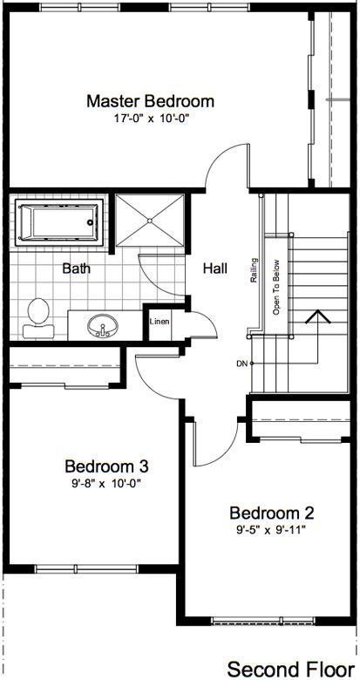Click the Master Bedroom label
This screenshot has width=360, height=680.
[x=151, y=101]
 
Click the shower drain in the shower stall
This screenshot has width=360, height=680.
[x=150, y=221]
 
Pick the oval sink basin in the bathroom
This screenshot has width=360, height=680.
[x=102, y=325]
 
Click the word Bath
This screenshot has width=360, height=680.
[x=77, y=269]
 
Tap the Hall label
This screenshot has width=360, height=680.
[x=215, y=269]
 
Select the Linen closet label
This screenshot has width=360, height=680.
[x=160, y=322]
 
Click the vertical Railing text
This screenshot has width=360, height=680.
[x=255, y=270]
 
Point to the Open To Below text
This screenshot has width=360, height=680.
[x=276, y=287]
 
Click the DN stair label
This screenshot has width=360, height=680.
[x=242, y=364]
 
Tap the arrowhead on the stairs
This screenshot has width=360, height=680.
[x=318, y=316]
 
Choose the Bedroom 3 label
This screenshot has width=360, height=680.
[x=106, y=466]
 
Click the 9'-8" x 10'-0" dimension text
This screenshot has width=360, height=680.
[x=107, y=484]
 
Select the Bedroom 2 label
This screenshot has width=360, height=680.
[x=271, y=513]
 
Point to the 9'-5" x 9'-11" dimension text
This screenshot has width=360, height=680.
[x=271, y=529]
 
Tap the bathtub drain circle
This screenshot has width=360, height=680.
[x=91, y=222]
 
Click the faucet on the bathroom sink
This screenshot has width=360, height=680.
[x=103, y=332]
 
